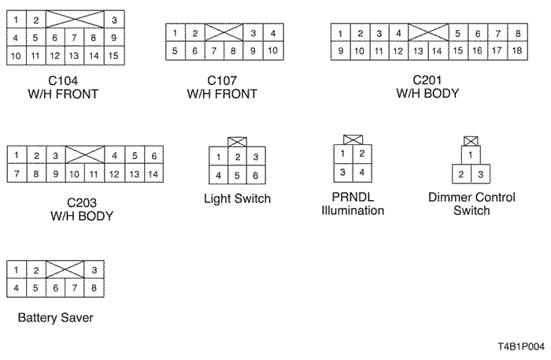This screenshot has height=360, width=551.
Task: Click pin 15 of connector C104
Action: point(113,56)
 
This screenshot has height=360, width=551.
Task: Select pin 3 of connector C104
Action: point(113,19)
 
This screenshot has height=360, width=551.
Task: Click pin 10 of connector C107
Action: point(271,51)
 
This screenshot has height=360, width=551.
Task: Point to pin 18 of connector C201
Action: point(517,51)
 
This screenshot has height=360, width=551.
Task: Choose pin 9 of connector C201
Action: point(340,51)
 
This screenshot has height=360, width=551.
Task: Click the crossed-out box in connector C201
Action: point(428,33)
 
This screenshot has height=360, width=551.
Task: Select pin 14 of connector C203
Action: point(153,173)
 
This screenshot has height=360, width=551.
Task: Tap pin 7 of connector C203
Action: point(17,173)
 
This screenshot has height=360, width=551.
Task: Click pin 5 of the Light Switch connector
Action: point(237,175)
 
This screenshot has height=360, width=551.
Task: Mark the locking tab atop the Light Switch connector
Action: point(237,141)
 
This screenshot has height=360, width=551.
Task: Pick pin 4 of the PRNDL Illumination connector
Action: point(361,172)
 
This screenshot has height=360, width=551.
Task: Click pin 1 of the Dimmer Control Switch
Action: point(471,156)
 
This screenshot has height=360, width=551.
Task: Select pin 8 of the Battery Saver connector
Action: point(94,288)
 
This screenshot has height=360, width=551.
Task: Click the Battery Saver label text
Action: point(55,319)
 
